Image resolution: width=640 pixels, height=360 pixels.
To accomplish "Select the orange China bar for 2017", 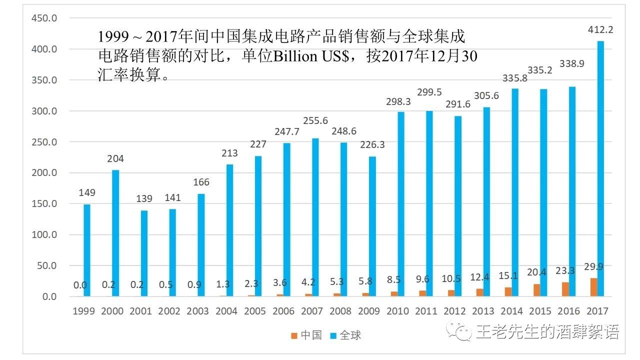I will coord(593,287).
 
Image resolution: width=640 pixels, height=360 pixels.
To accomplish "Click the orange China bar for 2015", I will coord(536,290).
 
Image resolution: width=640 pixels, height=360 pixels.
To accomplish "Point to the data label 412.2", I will coord(600,30).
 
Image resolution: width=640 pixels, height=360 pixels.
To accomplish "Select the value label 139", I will coord(144,199).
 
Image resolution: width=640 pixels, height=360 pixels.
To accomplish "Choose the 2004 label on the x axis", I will coord(226,311).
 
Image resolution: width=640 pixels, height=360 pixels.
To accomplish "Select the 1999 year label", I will coord(83,311).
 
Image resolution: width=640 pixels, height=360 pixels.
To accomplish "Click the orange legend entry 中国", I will coord(306,335).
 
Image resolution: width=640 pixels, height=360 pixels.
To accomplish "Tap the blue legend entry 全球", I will coord(345,335).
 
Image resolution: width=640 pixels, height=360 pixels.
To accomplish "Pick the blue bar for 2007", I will coord(315,217).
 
